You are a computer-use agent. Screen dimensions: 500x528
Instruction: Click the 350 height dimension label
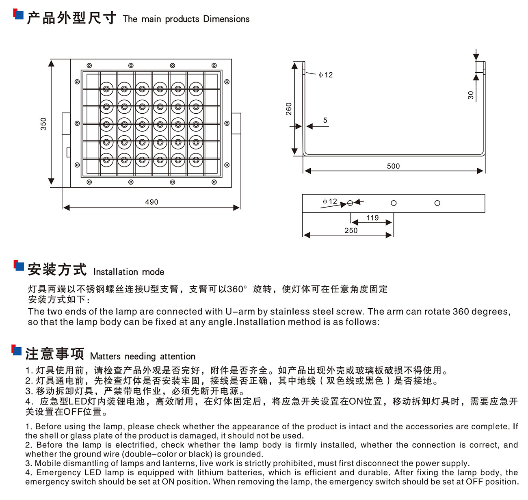click(x=43, y=123)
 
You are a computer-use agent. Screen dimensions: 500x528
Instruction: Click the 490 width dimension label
click(x=151, y=202)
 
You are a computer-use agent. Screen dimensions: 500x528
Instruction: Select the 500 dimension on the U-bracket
click(x=393, y=166)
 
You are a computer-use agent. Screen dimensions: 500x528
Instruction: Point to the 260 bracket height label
click(x=289, y=109)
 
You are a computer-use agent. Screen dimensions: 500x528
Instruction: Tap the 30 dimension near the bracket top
click(x=471, y=95)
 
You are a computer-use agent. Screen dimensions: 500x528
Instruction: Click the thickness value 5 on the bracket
click(x=325, y=120)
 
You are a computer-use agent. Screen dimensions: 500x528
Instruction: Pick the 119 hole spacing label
click(x=372, y=218)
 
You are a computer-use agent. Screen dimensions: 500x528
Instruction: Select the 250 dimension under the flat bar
click(x=351, y=230)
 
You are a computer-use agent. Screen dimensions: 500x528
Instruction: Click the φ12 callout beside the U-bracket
click(x=325, y=75)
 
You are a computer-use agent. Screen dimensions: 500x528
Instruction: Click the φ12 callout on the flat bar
click(x=330, y=201)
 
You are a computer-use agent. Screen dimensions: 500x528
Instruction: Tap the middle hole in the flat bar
click(x=394, y=203)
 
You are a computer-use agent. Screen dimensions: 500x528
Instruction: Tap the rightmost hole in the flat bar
click(x=437, y=203)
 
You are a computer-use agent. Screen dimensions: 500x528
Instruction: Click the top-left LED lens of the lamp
click(x=106, y=89)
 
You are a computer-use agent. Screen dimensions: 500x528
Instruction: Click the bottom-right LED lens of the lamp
click(x=196, y=159)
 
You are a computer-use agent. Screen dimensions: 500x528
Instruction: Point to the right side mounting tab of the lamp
click(x=236, y=123)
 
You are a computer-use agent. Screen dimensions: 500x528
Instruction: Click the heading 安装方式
click(x=57, y=269)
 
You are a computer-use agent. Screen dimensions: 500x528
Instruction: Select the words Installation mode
click(x=129, y=272)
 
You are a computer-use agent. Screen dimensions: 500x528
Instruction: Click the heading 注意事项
click(x=55, y=354)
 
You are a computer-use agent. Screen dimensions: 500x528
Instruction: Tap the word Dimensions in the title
click(x=226, y=19)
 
